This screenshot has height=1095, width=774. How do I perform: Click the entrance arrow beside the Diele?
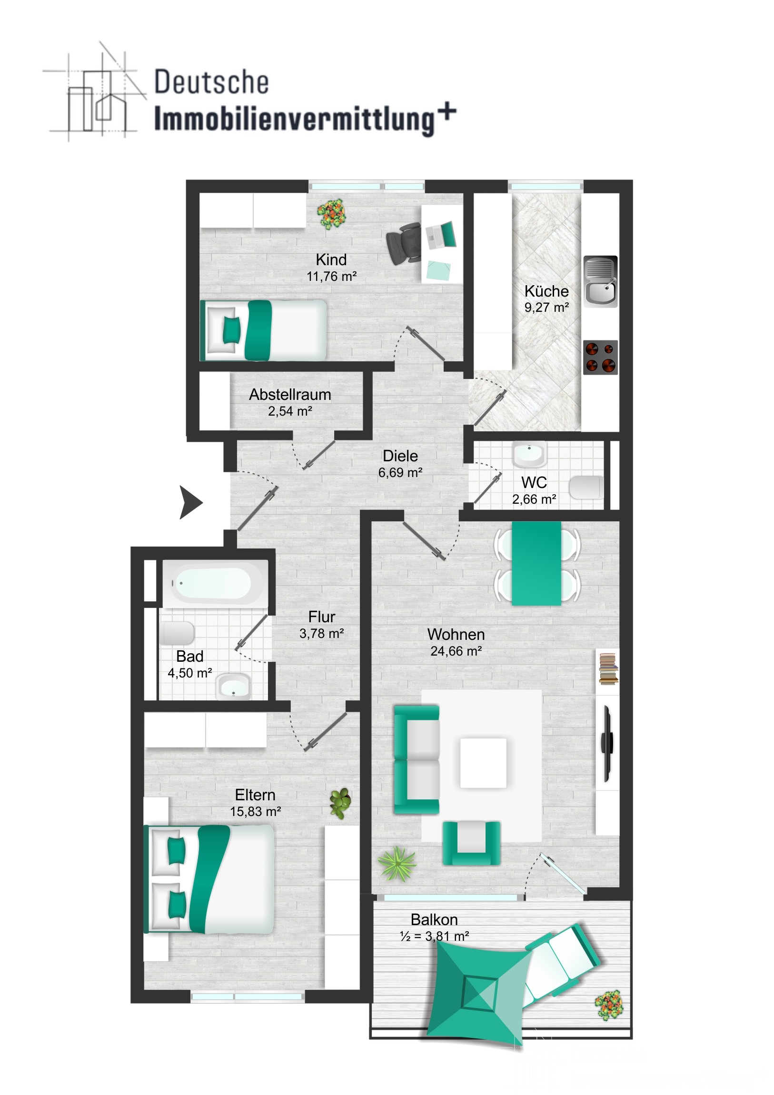coord(190,502)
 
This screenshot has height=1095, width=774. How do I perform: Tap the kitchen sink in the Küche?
coord(600,281)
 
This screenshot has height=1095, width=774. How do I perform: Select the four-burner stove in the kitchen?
coord(601,357)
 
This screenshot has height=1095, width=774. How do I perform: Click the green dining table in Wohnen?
coord(536,563)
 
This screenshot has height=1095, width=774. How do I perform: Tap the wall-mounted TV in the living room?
coord(606,744)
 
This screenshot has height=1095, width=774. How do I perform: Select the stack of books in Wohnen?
coord(608,669)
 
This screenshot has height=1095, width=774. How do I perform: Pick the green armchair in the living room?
coord(471,843)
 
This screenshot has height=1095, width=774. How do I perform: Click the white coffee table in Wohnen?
coord(483,763)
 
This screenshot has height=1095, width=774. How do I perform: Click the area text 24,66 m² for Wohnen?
coord(456,651)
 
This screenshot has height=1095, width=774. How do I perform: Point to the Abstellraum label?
coord(290,394)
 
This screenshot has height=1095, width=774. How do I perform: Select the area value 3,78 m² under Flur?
coord(321,633)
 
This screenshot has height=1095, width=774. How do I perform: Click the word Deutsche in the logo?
coord(212,82)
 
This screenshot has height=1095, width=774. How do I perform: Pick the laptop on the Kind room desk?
coord(441,235)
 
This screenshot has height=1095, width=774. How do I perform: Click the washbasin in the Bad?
coord(233,688)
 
